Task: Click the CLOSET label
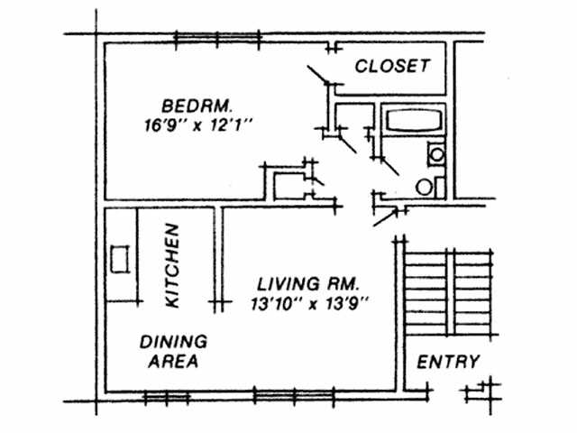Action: (x=389, y=67)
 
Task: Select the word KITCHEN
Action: (x=174, y=266)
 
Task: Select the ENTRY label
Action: (x=448, y=362)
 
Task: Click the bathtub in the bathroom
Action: (x=411, y=121)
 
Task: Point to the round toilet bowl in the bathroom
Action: (x=423, y=187)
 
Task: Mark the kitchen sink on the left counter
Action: (x=117, y=259)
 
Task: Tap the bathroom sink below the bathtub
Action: (x=436, y=154)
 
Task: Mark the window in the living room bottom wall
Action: (x=284, y=395)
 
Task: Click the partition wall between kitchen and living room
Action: (x=217, y=257)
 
